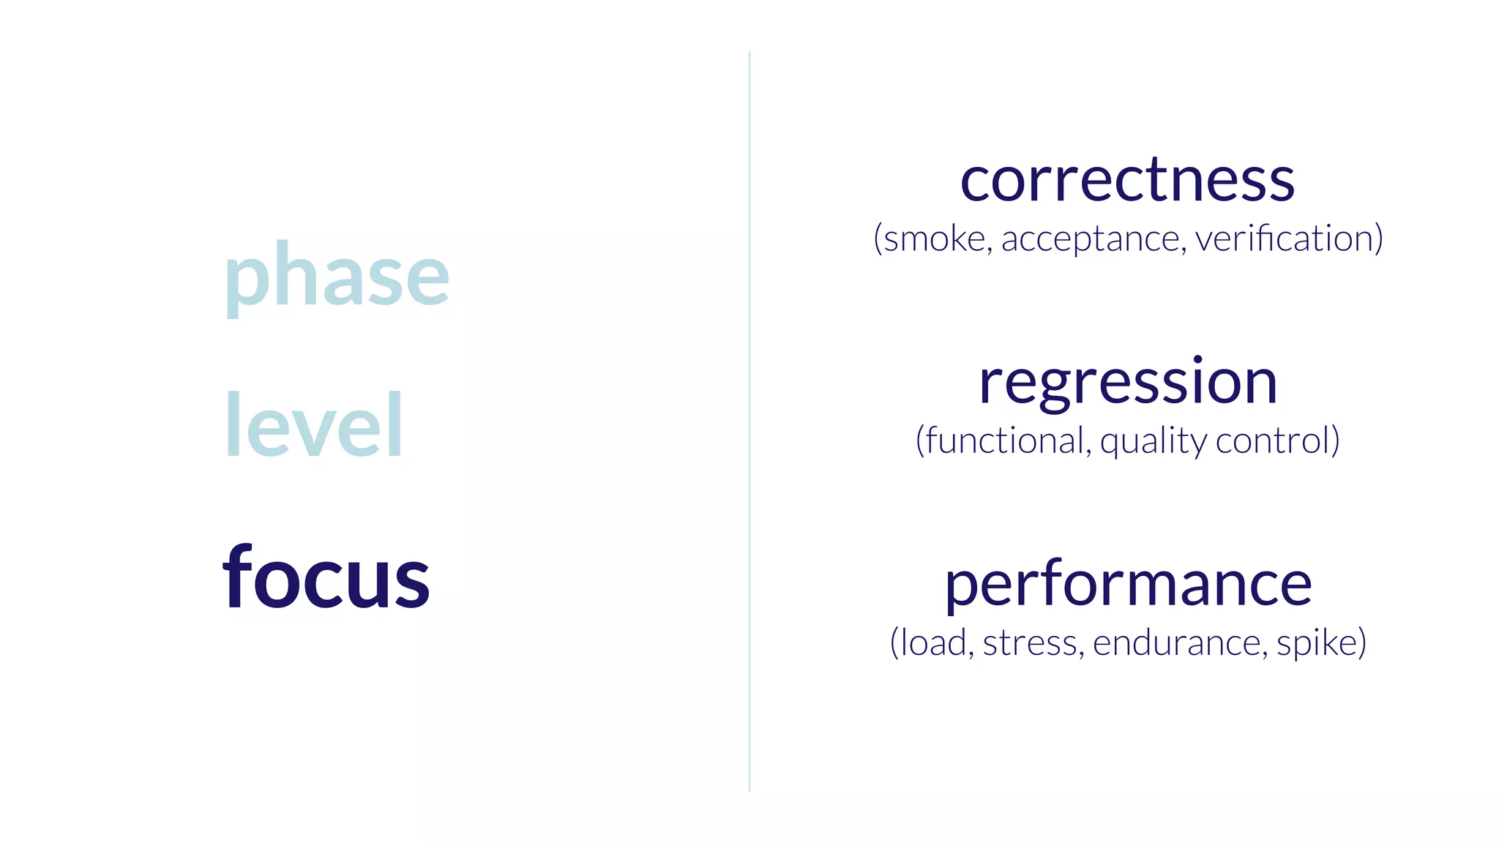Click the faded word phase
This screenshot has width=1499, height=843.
(336, 277)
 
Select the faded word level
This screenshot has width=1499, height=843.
(313, 424)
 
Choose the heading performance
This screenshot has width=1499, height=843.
(1128, 585)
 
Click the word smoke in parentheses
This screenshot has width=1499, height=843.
(935, 239)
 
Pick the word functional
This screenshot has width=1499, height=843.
(1006, 441)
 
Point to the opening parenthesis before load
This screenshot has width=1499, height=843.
(894, 643)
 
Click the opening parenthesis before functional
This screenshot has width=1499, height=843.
(919, 441)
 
